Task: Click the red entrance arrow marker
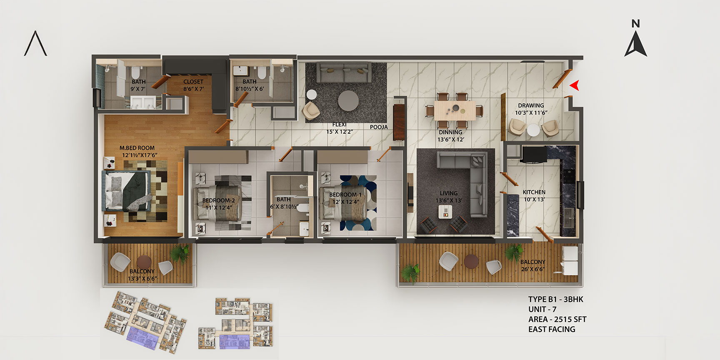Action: (x=575, y=85)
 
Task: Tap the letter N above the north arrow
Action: (x=635, y=24)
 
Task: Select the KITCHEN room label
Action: (x=534, y=192)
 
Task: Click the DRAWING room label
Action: (x=531, y=105)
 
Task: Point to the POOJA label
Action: (x=379, y=127)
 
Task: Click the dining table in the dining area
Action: (x=455, y=110)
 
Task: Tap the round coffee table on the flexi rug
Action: (x=348, y=101)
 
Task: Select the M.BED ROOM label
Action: (x=137, y=148)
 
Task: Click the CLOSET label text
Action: (x=193, y=82)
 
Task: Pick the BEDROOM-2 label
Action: (x=219, y=200)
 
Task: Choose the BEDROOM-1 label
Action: (x=345, y=195)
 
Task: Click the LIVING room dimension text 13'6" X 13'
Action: (x=449, y=200)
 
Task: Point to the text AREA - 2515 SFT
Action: (x=557, y=319)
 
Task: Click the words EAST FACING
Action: (x=552, y=329)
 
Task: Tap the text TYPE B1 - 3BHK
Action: (x=555, y=299)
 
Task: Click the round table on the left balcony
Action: (x=144, y=262)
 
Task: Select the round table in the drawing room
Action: (x=533, y=130)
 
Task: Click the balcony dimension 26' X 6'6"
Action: (x=532, y=269)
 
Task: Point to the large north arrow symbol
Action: (x=635, y=44)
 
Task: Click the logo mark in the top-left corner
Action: (x=35, y=43)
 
